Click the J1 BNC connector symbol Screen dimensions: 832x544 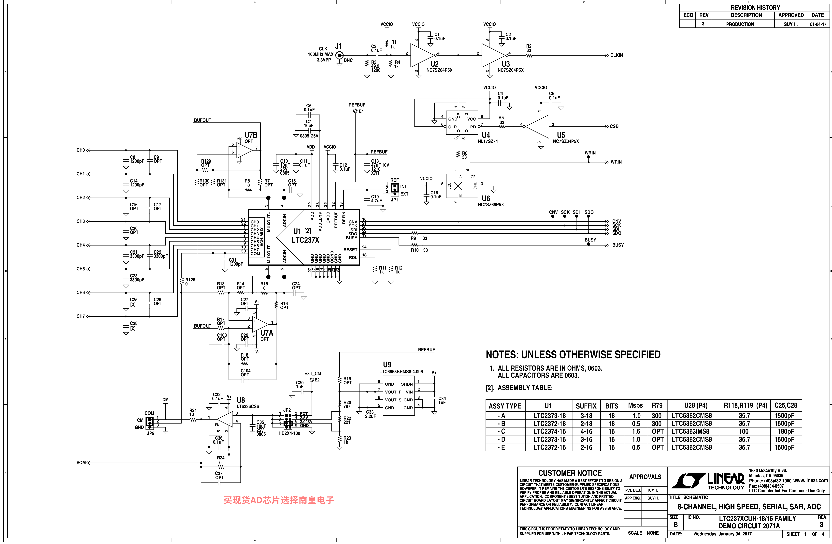pos(339,55)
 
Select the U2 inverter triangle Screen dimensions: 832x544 pos(422,55)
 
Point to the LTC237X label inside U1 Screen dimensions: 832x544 pos(305,240)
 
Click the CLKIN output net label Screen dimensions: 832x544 pos(616,55)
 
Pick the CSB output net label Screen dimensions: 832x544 pos(614,126)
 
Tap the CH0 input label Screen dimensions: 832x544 pos(81,150)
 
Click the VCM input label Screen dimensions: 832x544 pos(81,463)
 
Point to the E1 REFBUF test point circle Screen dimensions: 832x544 pos(355,111)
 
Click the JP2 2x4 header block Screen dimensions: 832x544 pos(288,421)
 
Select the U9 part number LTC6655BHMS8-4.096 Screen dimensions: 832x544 pos(401,372)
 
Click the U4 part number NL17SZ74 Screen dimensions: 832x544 pos(488,141)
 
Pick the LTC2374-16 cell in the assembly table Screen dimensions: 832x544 pos(549,431)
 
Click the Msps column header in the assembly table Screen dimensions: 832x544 pos(635,406)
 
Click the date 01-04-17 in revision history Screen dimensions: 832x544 pos(818,24)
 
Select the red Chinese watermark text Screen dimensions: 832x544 pos(279,500)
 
